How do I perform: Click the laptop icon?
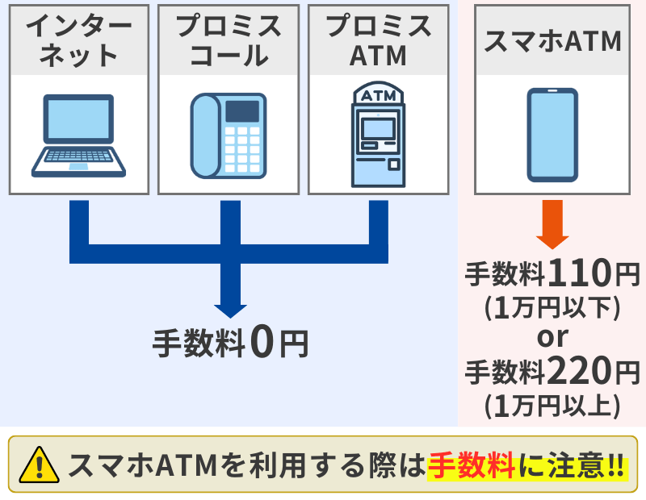pyautogui.click(x=78, y=135)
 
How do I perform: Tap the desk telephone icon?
pyautogui.click(x=229, y=135)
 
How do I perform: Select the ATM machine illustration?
pyautogui.click(x=378, y=134)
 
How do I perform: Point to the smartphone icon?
pyautogui.click(x=552, y=135)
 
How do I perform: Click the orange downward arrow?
pyautogui.click(x=552, y=224)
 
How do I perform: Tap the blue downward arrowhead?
pyautogui.click(x=230, y=311)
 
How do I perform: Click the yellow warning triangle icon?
pyautogui.click(x=39, y=465)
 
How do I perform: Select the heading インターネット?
pyautogui.click(x=78, y=40)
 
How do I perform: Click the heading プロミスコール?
pyautogui.click(x=229, y=40)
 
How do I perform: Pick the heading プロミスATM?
pyautogui.click(x=378, y=40)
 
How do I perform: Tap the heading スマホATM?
pyautogui.click(x=552, y=41)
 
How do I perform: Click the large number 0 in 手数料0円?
pyautogui.click(x=262, y=342)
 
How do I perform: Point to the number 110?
pyautogui.click(x=581, y=273)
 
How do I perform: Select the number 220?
pyautogui.click(x=581, y=370)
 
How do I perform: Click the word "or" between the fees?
pyautogui.click(x=552, y=337)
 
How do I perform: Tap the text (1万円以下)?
pyautogui.click(x=552, y=308)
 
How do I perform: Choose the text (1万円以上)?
pyautogui.click(x=552, y=406)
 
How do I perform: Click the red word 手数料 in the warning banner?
pyautogui.click(x=472, y=465)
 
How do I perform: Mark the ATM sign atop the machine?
pyautogui.click(x=378, y=95)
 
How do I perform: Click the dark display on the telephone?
pyautogui.click(x=242, y=111)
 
